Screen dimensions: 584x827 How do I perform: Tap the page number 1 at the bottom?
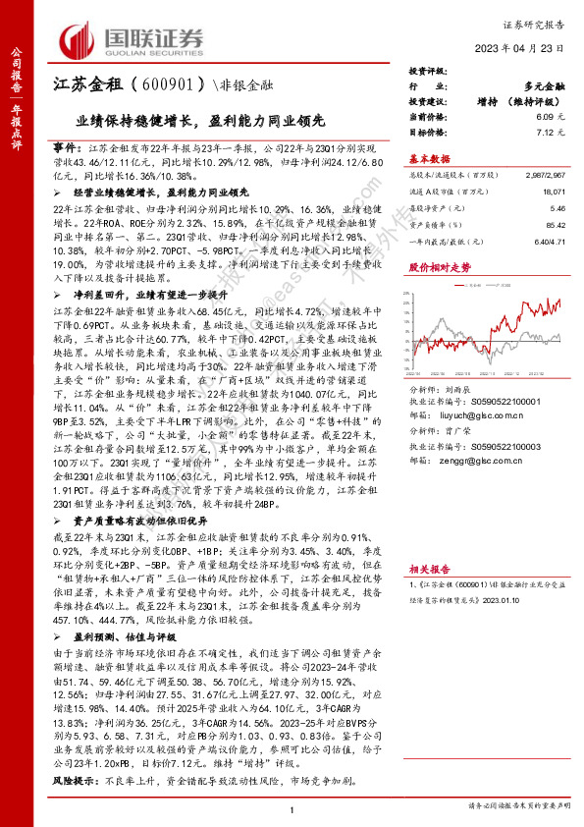[x=292, y=808]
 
